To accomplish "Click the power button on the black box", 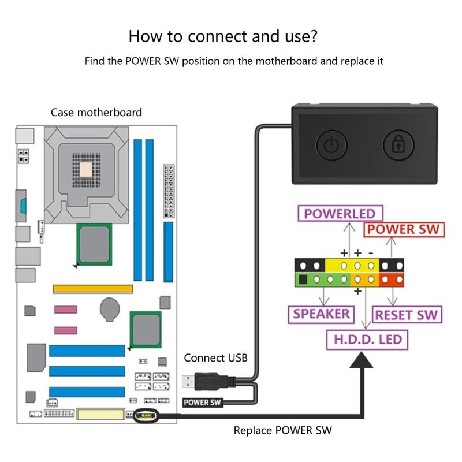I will point(331,144).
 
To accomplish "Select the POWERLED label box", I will point(340,214).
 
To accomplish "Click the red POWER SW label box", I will point(404,229).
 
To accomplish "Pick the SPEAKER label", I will point(321,314).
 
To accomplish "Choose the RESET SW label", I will point(406,315).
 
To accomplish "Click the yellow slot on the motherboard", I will point(93,288).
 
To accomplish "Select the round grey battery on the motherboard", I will point(110,309).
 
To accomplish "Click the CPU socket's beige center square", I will point(87,169).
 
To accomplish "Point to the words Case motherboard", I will point(96,113).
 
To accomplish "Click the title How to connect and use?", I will point(222,36).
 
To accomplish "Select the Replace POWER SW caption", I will point(282,430).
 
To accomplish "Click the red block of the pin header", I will point(392,281).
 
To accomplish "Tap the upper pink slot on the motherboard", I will point(65,310).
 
